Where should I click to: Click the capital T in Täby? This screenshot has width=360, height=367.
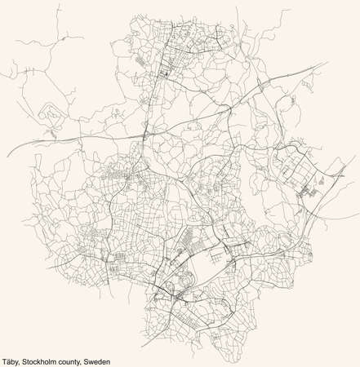pyautogui.click(x=4, y=361)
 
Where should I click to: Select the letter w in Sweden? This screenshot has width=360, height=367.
pyautogui.click(x=96, y=361)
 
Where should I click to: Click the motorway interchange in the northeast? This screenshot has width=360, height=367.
pyautogui.click(x=263, y=82)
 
